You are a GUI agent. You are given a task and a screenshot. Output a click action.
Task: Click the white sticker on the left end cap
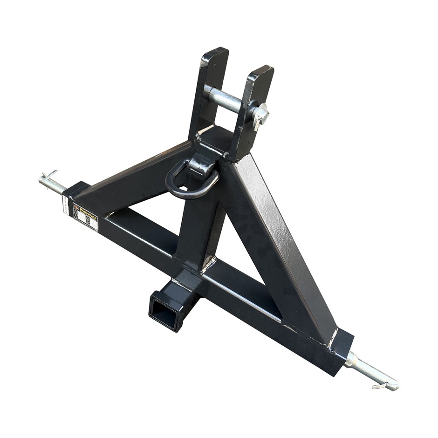65,204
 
